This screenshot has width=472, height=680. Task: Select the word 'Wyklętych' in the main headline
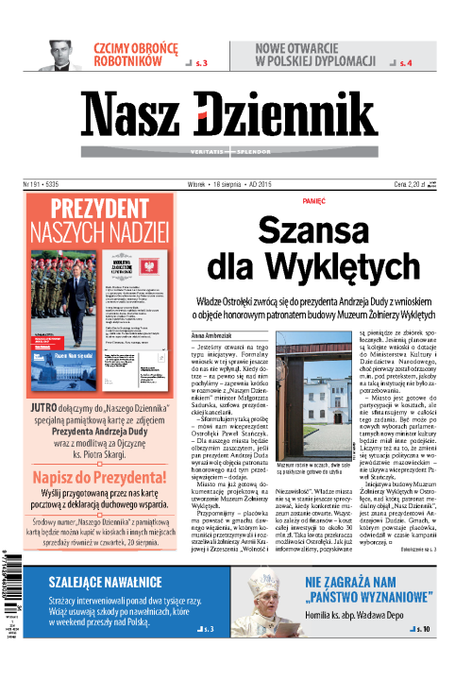(346, 266)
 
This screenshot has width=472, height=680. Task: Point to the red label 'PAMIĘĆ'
(313, 200)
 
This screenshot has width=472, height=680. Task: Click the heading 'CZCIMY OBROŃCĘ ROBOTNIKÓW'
(135, 54)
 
